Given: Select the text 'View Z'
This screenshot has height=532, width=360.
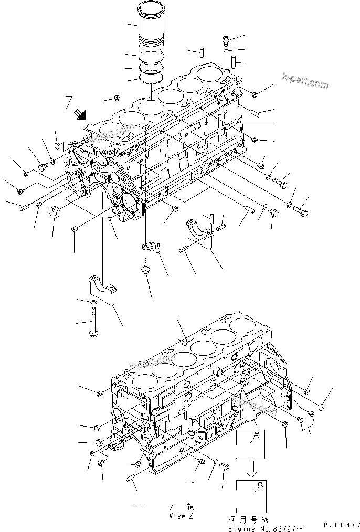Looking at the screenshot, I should (181, 516).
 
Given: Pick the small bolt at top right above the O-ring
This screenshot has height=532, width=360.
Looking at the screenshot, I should (226, 40).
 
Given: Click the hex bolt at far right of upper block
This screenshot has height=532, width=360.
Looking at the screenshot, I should (300, 212).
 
